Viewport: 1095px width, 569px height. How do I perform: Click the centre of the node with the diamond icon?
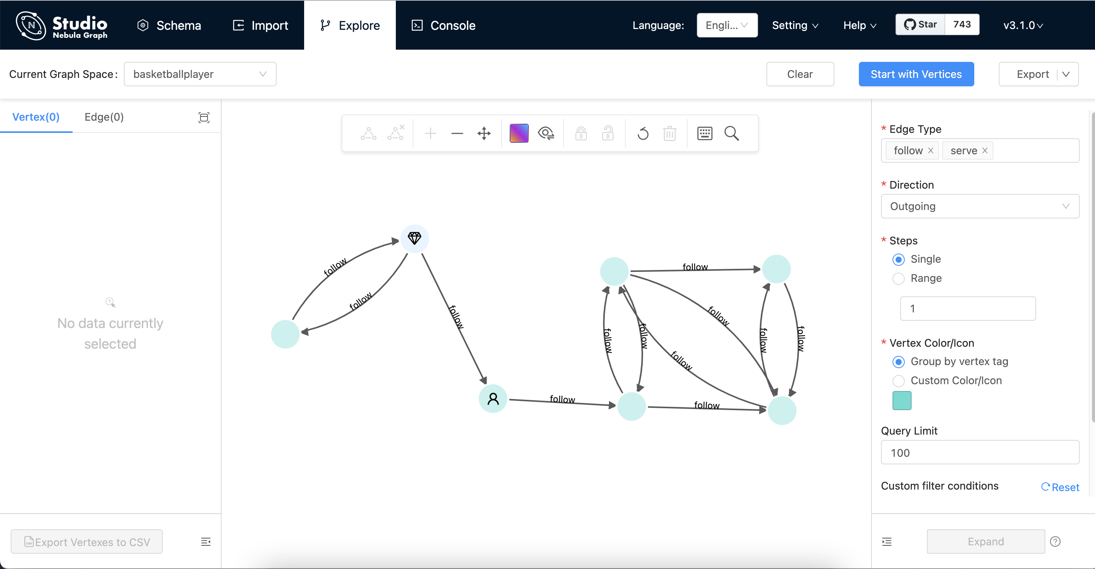(x=415, y=238)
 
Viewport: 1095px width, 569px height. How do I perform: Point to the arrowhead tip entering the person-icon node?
(x=486, y=384)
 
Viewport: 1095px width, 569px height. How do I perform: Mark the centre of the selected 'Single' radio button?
(x=898, y=259)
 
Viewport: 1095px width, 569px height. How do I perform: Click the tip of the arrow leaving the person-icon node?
(x=616, y=406)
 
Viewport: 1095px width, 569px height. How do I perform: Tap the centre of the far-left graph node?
(x=285, y=334)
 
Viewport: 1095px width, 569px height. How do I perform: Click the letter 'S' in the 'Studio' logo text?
(x=58, y=23)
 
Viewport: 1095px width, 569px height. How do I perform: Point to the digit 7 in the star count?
(x=956, y=24)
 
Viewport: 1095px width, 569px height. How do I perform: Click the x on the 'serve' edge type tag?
(x=985, y=150)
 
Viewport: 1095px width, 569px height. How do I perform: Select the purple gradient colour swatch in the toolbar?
(x=518, y=133)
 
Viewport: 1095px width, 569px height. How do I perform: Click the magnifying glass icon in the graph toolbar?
(x=731, y=133)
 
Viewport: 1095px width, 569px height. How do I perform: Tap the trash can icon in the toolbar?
(x=669, y=133)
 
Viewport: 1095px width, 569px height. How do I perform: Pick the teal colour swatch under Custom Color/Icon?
(x=902, y=400)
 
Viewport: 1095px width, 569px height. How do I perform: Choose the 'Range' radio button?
(x=898, y=279)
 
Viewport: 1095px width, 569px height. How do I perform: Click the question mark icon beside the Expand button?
(x=1055, y=542)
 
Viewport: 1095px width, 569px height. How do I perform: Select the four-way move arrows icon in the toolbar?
(x=484, y=133)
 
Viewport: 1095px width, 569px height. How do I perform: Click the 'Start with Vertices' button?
(x=916, y=74)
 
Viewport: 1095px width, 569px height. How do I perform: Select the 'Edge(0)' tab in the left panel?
(x=104, y=117)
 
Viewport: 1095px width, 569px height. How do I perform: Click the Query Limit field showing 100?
(x=980, y=453)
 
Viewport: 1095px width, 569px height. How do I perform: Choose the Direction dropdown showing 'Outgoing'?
(x=980, y=206)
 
